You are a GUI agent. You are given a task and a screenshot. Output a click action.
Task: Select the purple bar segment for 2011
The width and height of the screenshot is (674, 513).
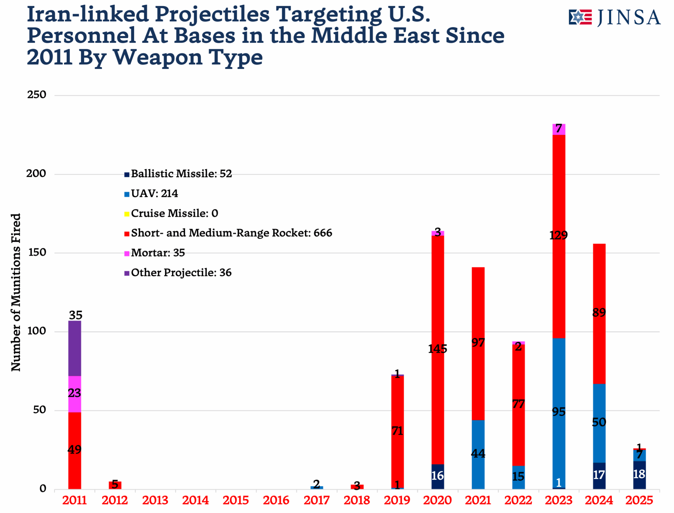pyautogui.click(x=75, y=348)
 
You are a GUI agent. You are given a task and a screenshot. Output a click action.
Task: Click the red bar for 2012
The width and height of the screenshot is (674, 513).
pyautogui.click(x=115, y=485)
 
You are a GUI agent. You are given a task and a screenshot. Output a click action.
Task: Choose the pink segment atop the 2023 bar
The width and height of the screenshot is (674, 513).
pyautogui.click(x=558, y=129)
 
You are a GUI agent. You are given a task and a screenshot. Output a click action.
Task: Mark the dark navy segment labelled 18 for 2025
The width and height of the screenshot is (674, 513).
pyautogui.click(x=639, y=475)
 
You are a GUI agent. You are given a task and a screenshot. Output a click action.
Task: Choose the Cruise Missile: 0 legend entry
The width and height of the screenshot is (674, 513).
pyautogui.click(x=174, y=213)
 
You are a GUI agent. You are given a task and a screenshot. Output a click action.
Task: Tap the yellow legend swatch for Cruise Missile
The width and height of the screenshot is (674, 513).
pyautogui.click(x=127, y=214)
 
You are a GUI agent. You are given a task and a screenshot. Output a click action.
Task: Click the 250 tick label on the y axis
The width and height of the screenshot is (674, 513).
pyautogui.click(x=37, y=95)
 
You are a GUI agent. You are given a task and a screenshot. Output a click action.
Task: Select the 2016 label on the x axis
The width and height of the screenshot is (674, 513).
pyautogui.click(x=276, y=500)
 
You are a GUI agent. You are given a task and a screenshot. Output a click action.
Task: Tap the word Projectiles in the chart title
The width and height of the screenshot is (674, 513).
pyautogui.click(x=212, y=14)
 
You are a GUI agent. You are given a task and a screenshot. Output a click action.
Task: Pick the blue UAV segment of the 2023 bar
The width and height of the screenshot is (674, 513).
pyautogui.click(x=558, y=412)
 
